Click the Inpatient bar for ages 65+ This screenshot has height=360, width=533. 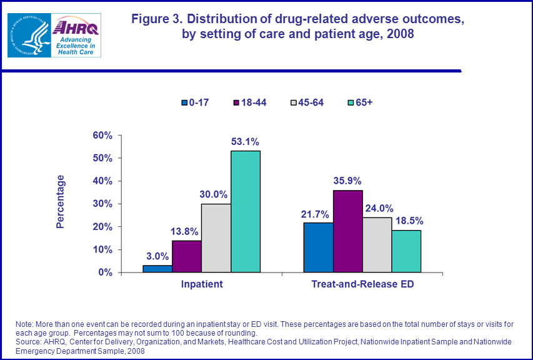click(x=246, y=212)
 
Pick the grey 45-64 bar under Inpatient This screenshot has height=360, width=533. click(x=216, y=238)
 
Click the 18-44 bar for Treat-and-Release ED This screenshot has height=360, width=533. click(x=347, y=231)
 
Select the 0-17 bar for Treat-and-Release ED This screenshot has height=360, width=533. click(x=318, y=247)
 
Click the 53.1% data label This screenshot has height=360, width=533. click(x=246, y=142)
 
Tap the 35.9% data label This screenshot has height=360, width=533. click(x=347, y=181)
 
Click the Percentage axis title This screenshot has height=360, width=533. click(x=61, y=201)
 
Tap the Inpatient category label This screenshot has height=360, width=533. click(x=201, y=284)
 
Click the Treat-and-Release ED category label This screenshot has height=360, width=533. click(x=362, y=284)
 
